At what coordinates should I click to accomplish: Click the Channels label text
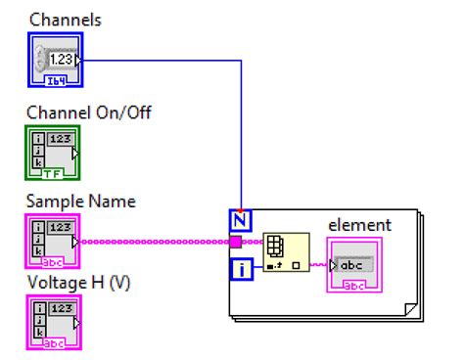tap(65, 20)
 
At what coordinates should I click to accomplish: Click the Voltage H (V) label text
tap(78, 283)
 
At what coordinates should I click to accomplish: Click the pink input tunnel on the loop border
tap(236, 242)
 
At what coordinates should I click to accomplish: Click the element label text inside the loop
tap(358, 225)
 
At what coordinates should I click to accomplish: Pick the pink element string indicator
tap(353, 267)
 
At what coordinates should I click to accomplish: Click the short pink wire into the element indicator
tap(319, 264)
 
